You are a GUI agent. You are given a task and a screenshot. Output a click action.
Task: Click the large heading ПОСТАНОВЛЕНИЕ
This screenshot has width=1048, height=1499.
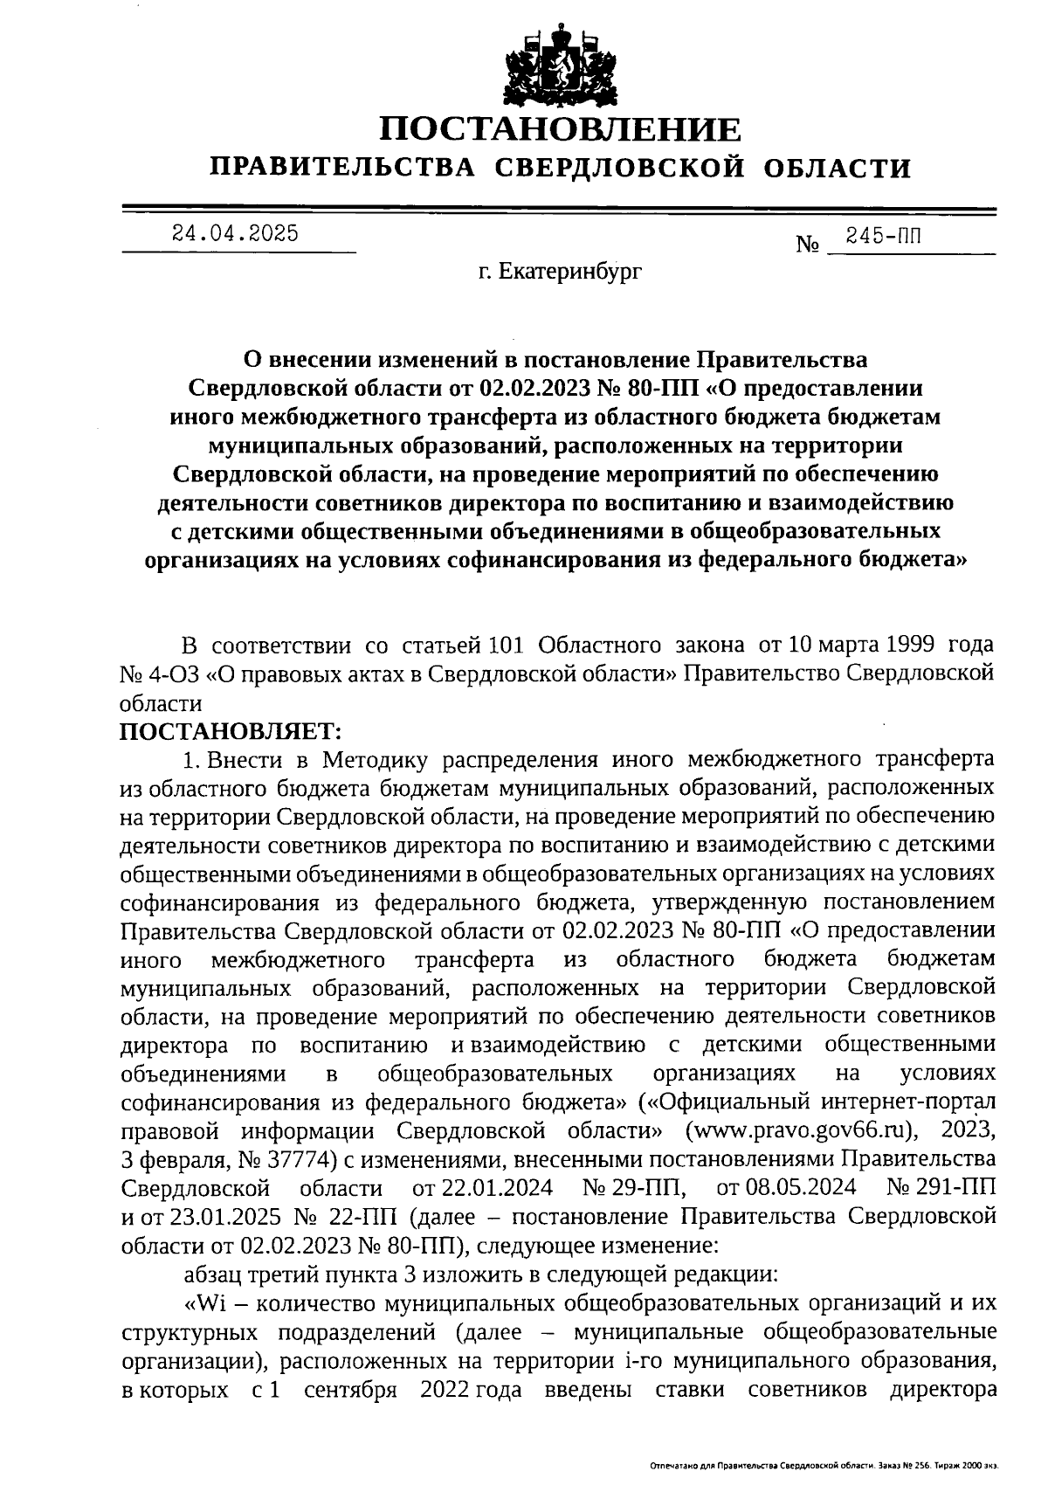(560, 129)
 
